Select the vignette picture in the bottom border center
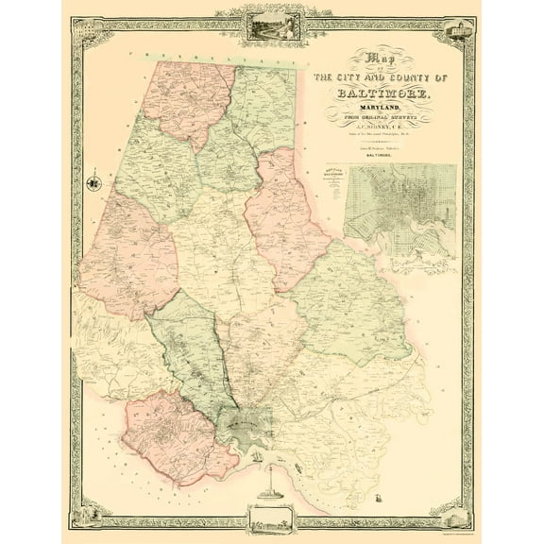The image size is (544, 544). pyautogui.click(x=273, y=518)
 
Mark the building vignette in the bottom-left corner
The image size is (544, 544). pyautogui.click(x=94, y=514)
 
